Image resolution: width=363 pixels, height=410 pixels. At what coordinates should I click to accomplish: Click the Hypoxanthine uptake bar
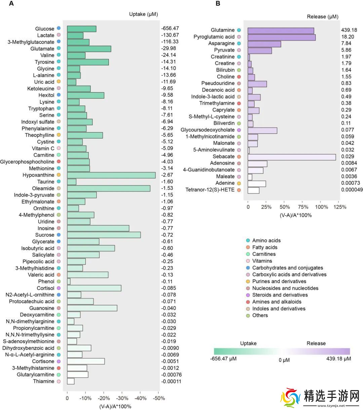click(x=111, y=175)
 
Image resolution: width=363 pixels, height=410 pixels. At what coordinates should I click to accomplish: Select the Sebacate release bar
click(x=292, y=157)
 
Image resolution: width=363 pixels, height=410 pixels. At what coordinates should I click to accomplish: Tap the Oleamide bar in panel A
click(x=109, y=188)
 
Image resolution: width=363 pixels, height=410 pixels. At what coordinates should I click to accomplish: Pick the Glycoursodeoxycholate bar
click(x=263, y=130)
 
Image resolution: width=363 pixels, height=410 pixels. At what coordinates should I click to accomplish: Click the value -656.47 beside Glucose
click(x=170, y=29)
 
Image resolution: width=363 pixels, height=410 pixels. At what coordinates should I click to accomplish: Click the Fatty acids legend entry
click(x=265, y=247)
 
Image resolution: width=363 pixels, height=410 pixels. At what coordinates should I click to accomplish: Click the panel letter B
click(x=218, y=4)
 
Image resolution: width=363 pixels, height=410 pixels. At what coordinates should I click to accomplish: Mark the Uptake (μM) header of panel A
click(x=144, y=14)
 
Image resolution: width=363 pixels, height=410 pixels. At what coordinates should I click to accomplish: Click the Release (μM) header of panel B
click(x=323, y=16)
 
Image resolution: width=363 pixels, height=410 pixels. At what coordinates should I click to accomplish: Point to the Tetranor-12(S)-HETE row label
click(x=210, y=190)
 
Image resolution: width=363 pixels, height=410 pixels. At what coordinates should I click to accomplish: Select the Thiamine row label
click(x=43, y=381)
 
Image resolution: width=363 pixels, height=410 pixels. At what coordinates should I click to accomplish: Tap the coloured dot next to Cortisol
click(x=58, y=288)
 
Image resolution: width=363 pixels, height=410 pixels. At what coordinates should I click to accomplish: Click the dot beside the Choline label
click(x=239, y=77)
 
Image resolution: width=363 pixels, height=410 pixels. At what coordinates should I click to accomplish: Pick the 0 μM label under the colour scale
click(x=284, y=360)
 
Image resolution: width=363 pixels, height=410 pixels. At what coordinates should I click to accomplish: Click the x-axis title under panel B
click(x=296, y=215)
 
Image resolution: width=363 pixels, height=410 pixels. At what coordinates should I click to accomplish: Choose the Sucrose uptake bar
click(x=104, y=235)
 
